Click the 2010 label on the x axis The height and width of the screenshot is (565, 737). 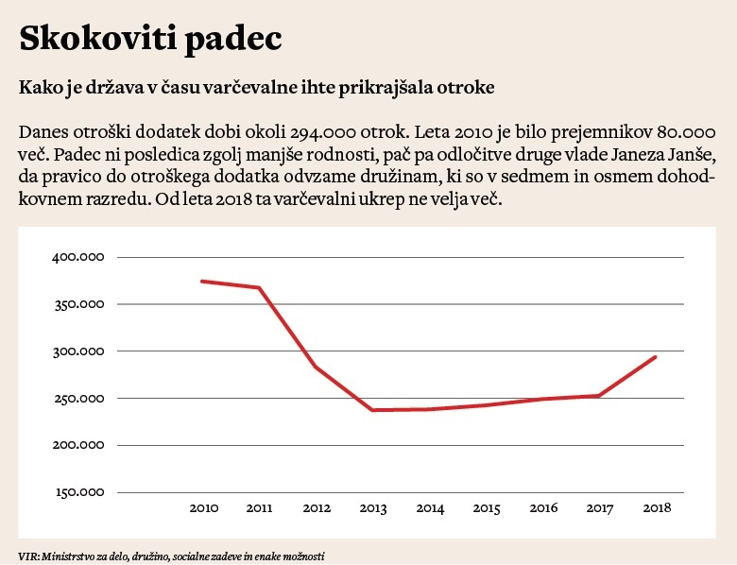pos(204,508)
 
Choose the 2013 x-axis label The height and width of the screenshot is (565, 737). pos(373,508)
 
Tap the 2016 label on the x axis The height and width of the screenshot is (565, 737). pos(542,508)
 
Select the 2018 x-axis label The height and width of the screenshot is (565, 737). pos(656,508)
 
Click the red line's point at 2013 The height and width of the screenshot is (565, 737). pos(373,410)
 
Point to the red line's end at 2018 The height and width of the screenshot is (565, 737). pos(655,357)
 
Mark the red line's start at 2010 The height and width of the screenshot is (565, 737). pos(202,281)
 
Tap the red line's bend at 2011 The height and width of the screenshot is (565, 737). pos(259,287)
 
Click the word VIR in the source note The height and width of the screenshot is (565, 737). pos(26,556)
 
